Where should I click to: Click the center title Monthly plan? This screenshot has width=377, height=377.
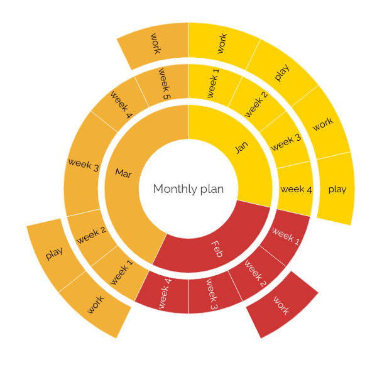click(x=188, y=188)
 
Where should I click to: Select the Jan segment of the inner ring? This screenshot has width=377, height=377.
click(x=241, y=148)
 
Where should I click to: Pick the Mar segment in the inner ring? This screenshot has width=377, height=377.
click(x=123, y=173)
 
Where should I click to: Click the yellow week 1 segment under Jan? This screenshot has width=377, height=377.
click(x=214, y=84)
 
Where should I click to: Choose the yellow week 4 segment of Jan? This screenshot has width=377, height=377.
click(x=295, y=189)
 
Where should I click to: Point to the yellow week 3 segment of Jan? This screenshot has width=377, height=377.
click(x=286, y=143)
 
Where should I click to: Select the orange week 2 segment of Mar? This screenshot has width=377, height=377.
click(x=90, y=236)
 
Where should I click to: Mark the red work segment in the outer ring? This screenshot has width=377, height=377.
click(x=281, y=305)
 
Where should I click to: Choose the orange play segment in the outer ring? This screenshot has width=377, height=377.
click(x=54, y=253)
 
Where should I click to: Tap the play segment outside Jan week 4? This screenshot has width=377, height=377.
click(x=337, y=188)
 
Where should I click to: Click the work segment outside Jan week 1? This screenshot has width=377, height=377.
click(x=222, y=44)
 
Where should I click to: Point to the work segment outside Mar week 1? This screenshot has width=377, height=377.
click(x=96, y=305)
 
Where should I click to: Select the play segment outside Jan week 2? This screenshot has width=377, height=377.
click(x=281, y=72)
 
